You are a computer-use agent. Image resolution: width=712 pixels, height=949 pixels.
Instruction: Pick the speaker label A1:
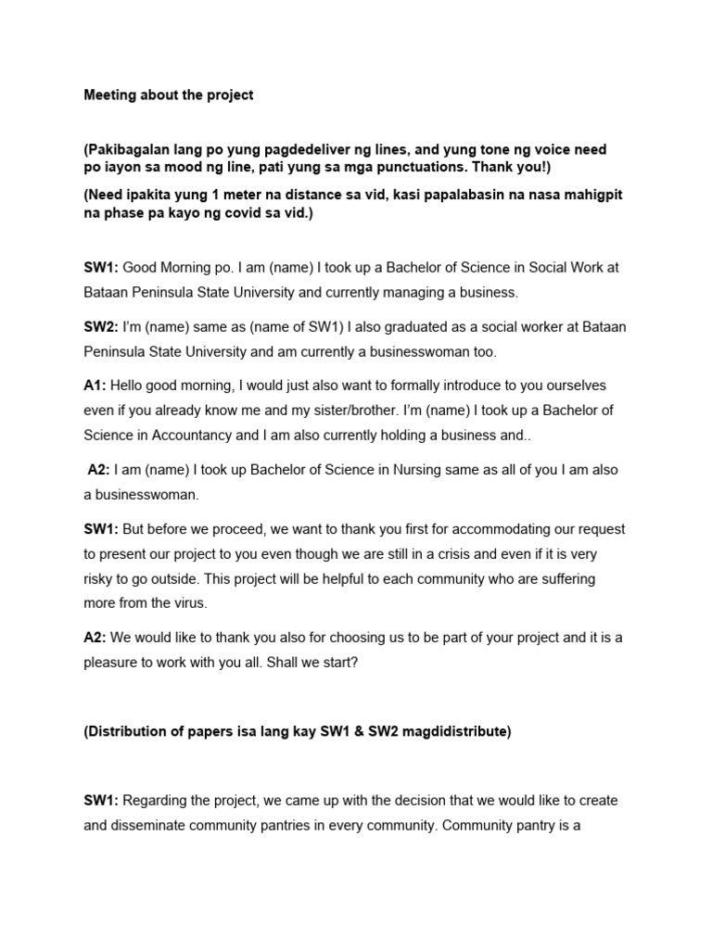pos(96,386)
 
